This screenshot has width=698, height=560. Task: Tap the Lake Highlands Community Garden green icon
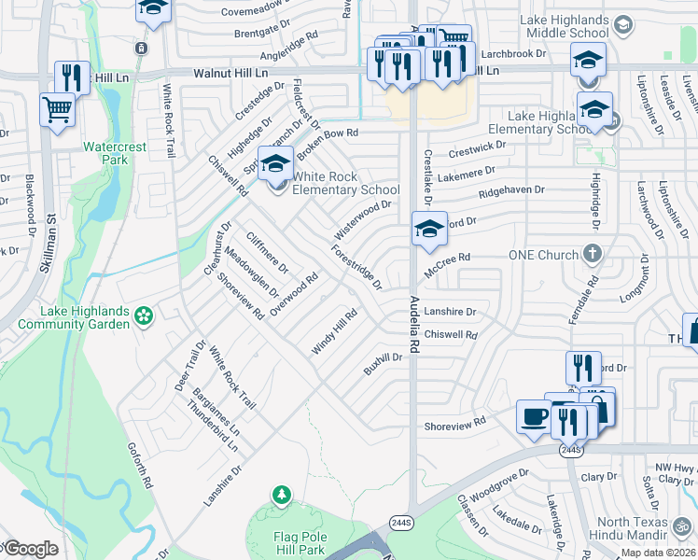coord(143,317)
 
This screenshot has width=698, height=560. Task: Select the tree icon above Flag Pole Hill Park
coord(280,494)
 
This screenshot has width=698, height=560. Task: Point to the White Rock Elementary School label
coord(346,183)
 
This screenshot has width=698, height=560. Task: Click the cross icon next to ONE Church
coord(592,254)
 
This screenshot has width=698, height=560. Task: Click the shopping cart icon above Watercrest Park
coord(58,109)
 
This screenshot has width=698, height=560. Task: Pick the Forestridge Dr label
coord(356,267)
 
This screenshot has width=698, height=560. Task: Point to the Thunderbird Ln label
coord(213,427)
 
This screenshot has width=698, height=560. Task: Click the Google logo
coord(30,549)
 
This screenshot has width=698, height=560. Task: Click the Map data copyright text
coord(658,553)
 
